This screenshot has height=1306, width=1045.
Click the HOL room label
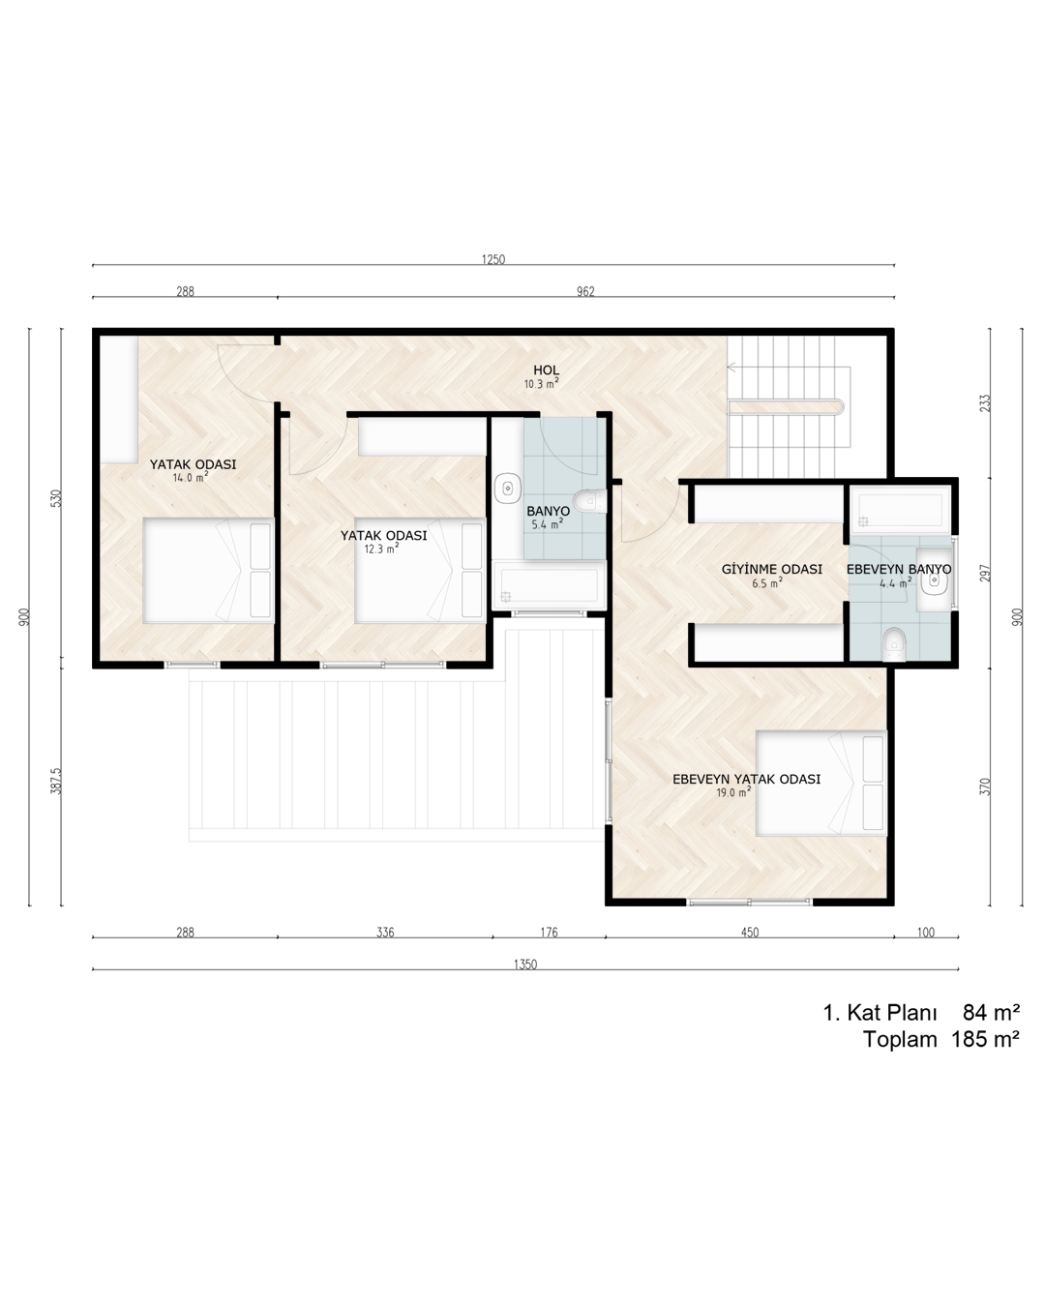pos(546,371)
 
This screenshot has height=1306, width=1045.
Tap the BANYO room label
pos(548,511)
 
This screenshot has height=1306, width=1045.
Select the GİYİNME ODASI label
pos(771,569)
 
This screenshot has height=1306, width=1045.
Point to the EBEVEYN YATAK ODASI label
pos(746,779)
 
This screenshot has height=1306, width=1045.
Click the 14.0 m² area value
pos(190,477)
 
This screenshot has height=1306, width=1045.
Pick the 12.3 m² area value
pos(381,549)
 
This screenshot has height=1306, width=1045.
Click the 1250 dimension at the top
pos(493,259)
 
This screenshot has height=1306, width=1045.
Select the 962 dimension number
pos(585,291)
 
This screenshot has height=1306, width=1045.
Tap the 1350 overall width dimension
pos(525,965)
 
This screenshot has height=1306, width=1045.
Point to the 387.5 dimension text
pos(56,781)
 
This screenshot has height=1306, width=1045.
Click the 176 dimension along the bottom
pos(549,933)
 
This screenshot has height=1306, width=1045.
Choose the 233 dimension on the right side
pos(985,403)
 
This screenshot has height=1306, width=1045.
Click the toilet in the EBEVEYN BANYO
pos(893,644)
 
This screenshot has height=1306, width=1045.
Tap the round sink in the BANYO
pos(508,488)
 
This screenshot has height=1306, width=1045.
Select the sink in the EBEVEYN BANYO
pos(934,579)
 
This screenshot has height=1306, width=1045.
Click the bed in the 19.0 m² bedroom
pos(821,783)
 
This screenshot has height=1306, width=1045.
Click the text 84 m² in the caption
pos(991,1012)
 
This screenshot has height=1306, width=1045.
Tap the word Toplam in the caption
pos(900,1039)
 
